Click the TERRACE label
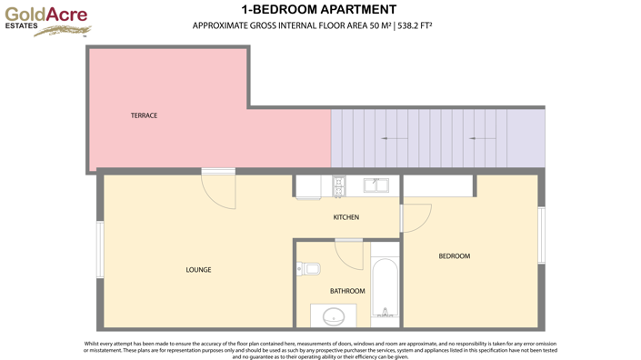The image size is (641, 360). tap(144, 115)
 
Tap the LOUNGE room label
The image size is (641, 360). tap(198, 270)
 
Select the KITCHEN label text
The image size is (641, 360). tap(346, 217)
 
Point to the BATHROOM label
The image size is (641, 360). tap(347, 291)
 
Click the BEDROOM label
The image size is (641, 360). tap(454, 256)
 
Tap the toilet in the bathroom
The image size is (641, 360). tap(308, 268)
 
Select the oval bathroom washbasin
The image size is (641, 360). tap(334, 316)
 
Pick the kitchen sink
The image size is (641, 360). tap(376, 185)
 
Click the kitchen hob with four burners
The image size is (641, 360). tap(339, 186)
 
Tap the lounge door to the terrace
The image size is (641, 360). tap(219, 189)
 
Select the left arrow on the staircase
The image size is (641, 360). tap(394, 138)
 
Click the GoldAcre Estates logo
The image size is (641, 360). tap(46, 21)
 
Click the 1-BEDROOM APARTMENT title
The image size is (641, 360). tap(312, 10)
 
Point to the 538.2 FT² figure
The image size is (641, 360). tap(415, 25)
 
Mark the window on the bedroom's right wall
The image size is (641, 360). tap(541, 235)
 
